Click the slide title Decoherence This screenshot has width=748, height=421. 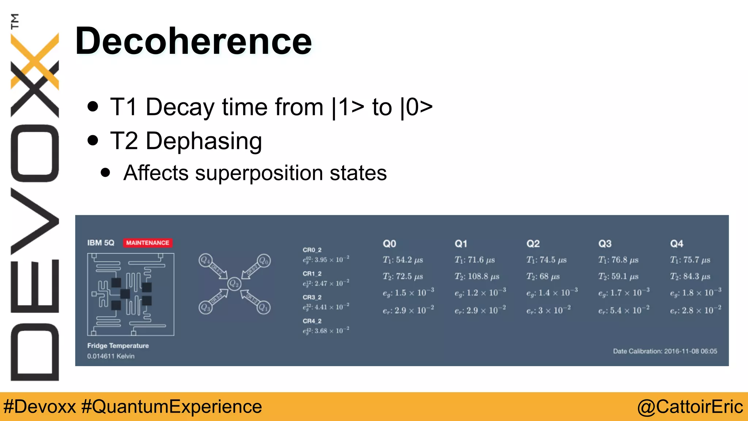point(193,41)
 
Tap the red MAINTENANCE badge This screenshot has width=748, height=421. point(148,243)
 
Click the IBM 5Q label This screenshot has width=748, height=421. point(101,243)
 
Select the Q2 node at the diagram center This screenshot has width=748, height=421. point(234,284)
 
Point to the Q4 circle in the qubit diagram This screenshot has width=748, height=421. point(205,260)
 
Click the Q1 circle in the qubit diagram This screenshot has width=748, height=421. point(263,308)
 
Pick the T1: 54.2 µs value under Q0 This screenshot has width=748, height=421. point(402,260)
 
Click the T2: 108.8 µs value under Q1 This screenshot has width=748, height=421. point(477,276)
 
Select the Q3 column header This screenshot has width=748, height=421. point(605,243)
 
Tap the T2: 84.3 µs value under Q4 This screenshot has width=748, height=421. point(690,276)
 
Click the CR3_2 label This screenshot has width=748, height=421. point(312,297)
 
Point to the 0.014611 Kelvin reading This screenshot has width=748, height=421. point(111,356)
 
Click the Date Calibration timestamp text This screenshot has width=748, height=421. point(665,351)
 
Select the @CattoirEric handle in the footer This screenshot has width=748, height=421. point(690,406)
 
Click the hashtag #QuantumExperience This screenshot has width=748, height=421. point(172,406)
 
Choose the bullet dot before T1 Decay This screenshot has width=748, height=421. point(93,106)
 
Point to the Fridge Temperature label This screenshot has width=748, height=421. point(118,345)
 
